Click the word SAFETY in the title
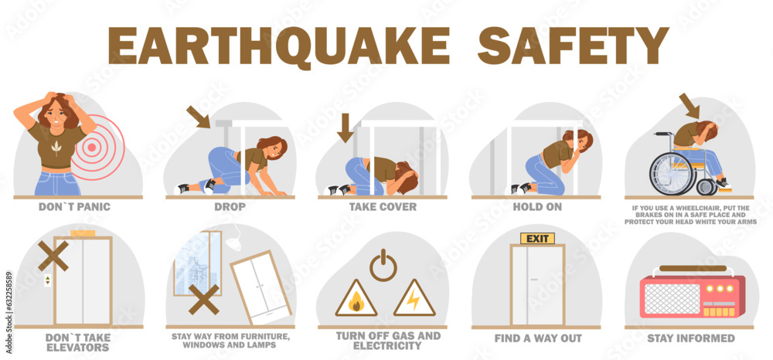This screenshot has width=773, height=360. tap(573, 46)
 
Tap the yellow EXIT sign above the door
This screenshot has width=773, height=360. tap(537, 238)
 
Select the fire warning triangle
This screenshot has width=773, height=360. tap(356, 299)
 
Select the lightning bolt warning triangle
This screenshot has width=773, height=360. tap(414, 299)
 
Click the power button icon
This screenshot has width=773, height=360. tap(383, 266)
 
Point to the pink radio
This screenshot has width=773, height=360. tap(693, 297)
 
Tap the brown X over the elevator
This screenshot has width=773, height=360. tap(53, 254)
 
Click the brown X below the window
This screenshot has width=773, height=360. tap(203, 299)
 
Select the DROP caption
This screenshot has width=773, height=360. tap(230, 207)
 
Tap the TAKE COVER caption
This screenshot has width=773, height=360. tap(383, 207)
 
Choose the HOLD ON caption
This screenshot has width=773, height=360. tap(537, 207)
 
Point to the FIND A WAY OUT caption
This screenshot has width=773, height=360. tap(537, 338)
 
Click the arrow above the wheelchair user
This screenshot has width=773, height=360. tap(689, 104)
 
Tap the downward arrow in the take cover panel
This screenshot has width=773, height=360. tap(345, 127)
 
